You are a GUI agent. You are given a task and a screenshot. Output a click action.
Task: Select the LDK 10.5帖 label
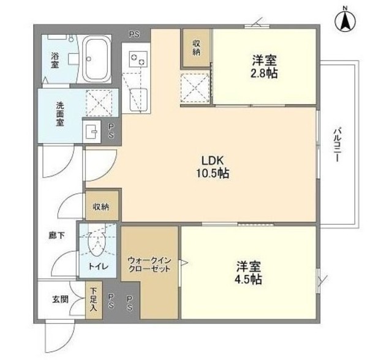coord(213,167)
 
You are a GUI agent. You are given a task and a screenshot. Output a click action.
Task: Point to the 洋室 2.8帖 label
coord(264,67)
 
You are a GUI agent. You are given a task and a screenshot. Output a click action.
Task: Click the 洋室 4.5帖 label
coord(248,273)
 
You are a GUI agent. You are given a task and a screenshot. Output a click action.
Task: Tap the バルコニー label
coord(337,144)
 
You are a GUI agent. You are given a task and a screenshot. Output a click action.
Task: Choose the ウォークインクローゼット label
coord(149,264)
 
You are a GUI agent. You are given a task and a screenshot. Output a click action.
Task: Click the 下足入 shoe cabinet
coord(94,300)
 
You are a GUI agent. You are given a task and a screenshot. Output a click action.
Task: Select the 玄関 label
coord(60,299)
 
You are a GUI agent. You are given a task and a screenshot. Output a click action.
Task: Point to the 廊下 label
coord(56,235)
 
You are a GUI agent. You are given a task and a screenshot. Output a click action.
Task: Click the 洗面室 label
coord(60,114)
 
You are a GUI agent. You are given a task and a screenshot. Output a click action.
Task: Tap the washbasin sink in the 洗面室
coord(91,132)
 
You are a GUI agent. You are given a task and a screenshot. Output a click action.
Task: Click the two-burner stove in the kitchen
coord(138,59)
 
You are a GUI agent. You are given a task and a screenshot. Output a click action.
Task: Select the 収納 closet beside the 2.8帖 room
coord(196,48)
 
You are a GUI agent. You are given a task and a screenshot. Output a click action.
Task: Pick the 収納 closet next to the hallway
coord(102,206)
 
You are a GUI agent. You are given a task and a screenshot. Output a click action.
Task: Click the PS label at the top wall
coord(134,34)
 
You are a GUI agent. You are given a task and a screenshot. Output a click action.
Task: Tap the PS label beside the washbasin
coord(111,132)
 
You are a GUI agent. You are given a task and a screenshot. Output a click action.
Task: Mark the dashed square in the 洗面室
coord(99,103)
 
